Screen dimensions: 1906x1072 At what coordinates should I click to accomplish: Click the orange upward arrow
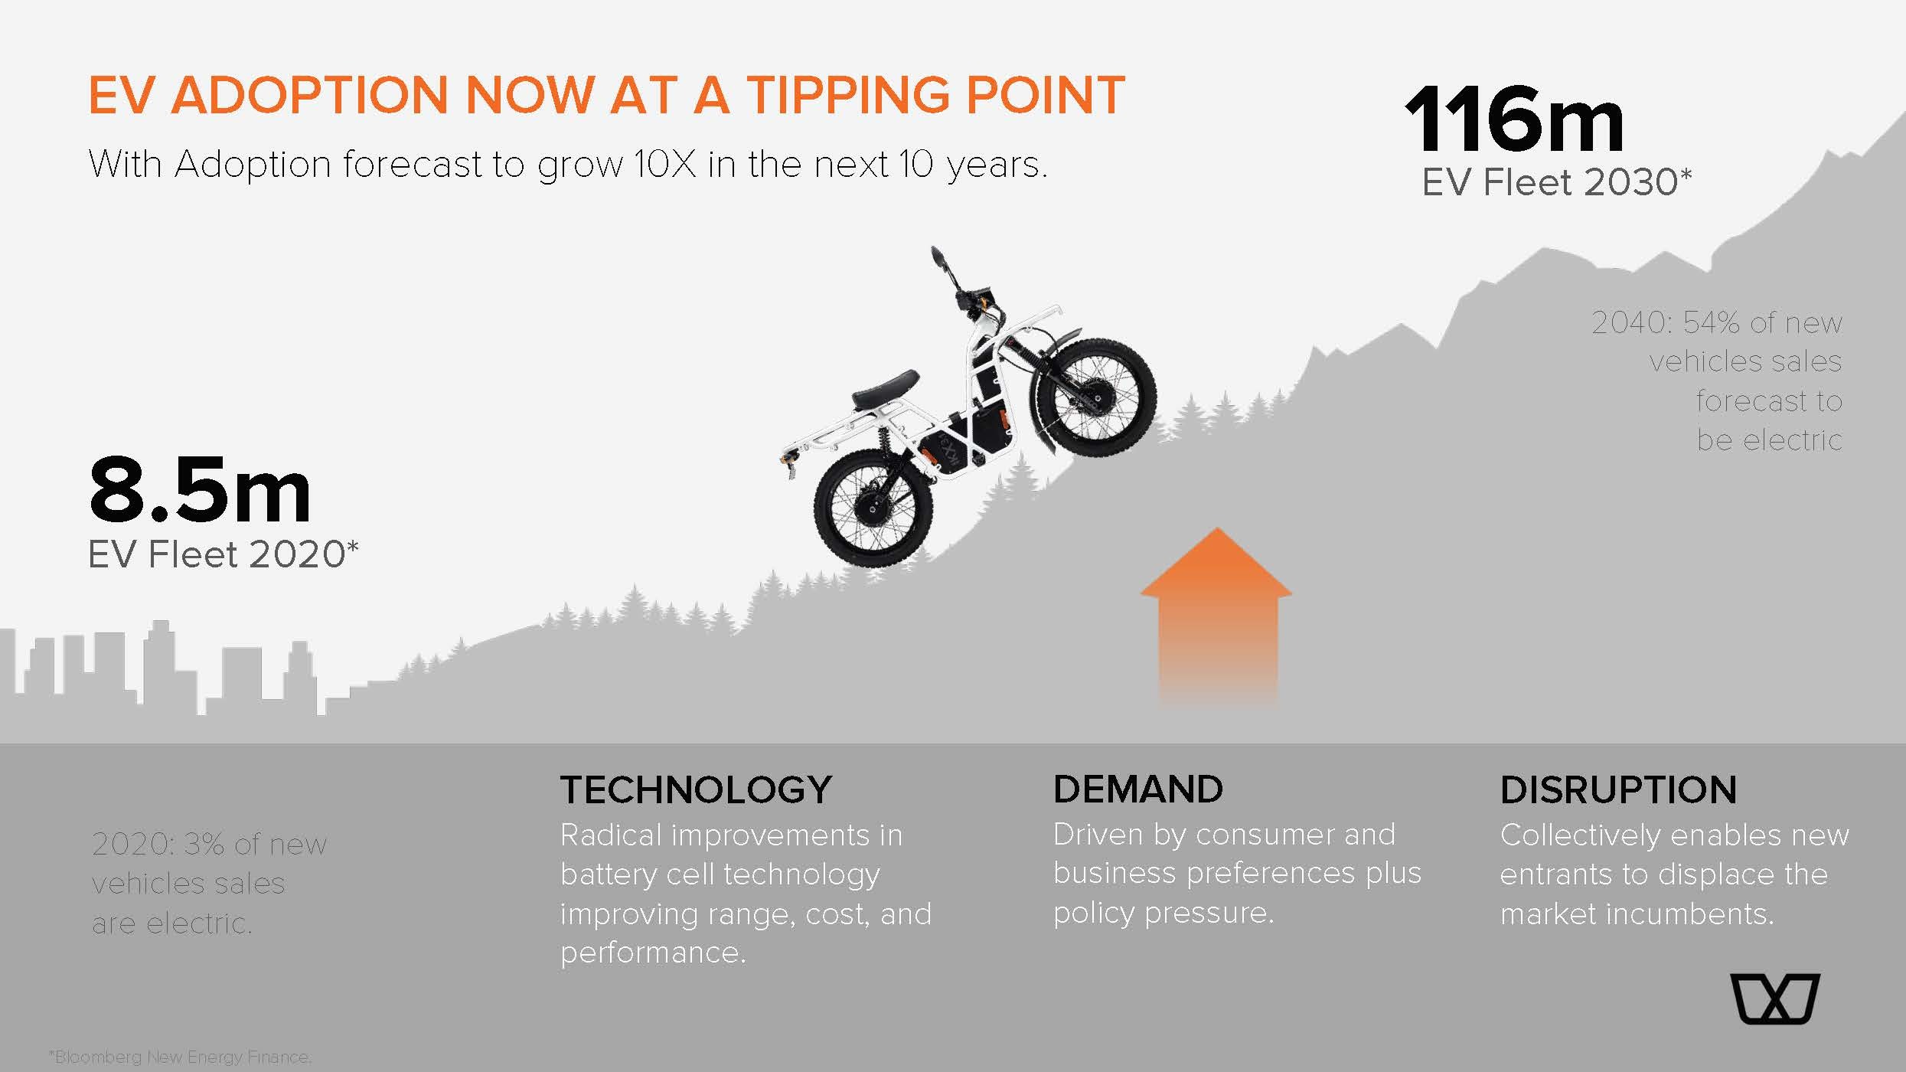tap(1216, 613)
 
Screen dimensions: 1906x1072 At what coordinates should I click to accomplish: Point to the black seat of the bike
tap(884, 389)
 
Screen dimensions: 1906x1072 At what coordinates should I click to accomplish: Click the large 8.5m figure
tap(200, 490)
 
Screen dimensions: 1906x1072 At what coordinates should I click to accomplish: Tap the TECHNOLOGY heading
tap(696, 790)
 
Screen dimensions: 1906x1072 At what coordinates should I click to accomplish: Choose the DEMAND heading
tap(1138, 789)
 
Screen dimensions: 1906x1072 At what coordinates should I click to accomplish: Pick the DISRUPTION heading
tap(1618, 790)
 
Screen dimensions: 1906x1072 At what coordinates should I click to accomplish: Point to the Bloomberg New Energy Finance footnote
tap(181, 1057)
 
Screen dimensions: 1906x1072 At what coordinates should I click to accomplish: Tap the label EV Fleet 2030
tap(1557, 182)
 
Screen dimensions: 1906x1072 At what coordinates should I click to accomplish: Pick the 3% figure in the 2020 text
tap(204, 844)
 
